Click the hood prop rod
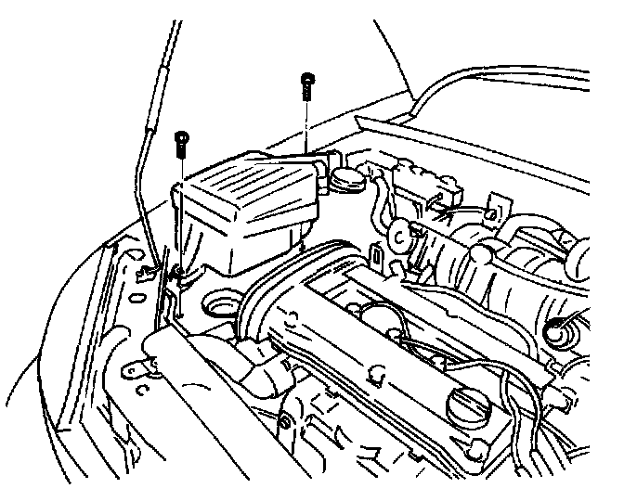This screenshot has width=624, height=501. [x=149, y=139]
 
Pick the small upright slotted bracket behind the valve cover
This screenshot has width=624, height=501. [x=378, y=253]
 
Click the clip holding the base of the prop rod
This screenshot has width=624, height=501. [x=149, y=274]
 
